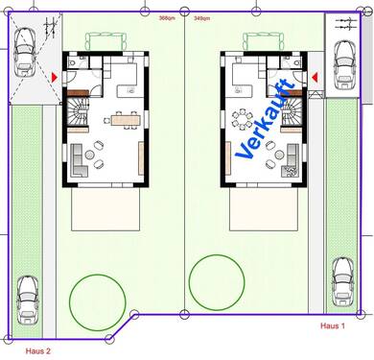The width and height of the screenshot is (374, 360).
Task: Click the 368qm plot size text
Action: [x=167, y=17]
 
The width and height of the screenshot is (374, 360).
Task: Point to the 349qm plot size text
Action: [x=202, y=17]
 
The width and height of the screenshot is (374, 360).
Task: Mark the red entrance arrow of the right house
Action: [x=314, y=75]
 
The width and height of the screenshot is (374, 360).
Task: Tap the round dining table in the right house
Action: [x=244, y=120]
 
